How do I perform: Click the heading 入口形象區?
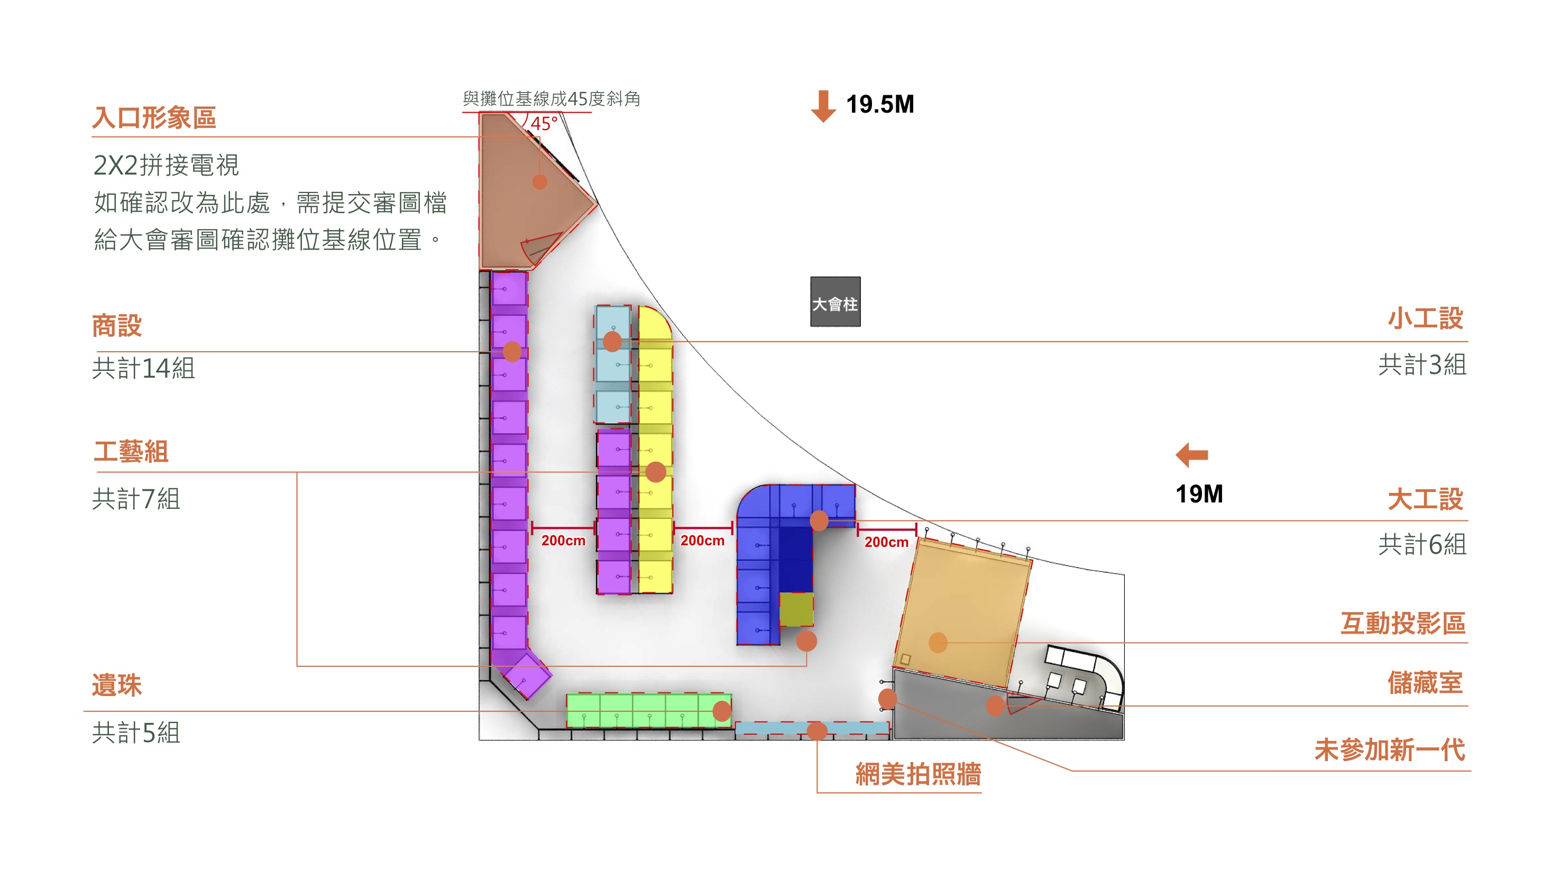[154, 117]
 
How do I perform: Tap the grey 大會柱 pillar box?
[834, 302]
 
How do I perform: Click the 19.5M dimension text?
[879, 104]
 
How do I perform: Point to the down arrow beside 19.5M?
[823, 106]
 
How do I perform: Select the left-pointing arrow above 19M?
[1191, 454]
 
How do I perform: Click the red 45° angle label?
[544, 124]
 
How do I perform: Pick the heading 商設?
[116, 325]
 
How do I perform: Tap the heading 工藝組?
[131, 451]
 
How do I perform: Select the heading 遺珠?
[116, 685]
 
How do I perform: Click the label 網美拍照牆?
[917, 774]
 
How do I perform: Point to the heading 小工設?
[1425, 318]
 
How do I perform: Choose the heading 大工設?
[1425, 499]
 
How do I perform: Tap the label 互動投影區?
[1402, 623]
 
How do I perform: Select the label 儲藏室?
[1425, 682]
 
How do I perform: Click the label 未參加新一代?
[1389, 749]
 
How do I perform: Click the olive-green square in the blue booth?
[796, 609]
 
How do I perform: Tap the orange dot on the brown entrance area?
[539, 181]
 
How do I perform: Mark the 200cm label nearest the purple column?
[563, 541]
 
